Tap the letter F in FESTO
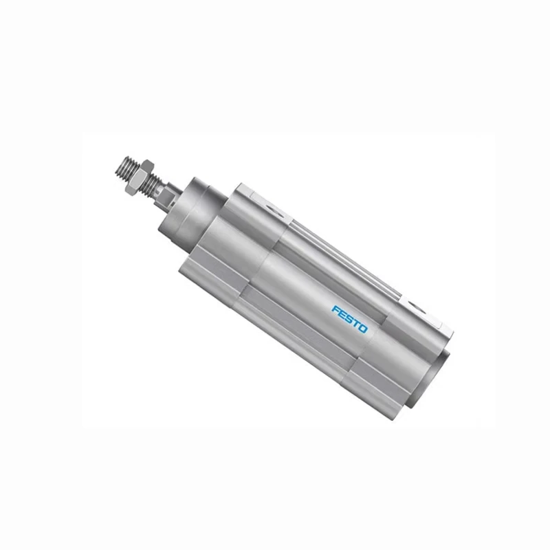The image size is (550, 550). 335,310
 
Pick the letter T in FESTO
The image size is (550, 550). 355,323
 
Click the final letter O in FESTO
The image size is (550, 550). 364,328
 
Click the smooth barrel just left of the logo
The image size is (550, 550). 302,289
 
